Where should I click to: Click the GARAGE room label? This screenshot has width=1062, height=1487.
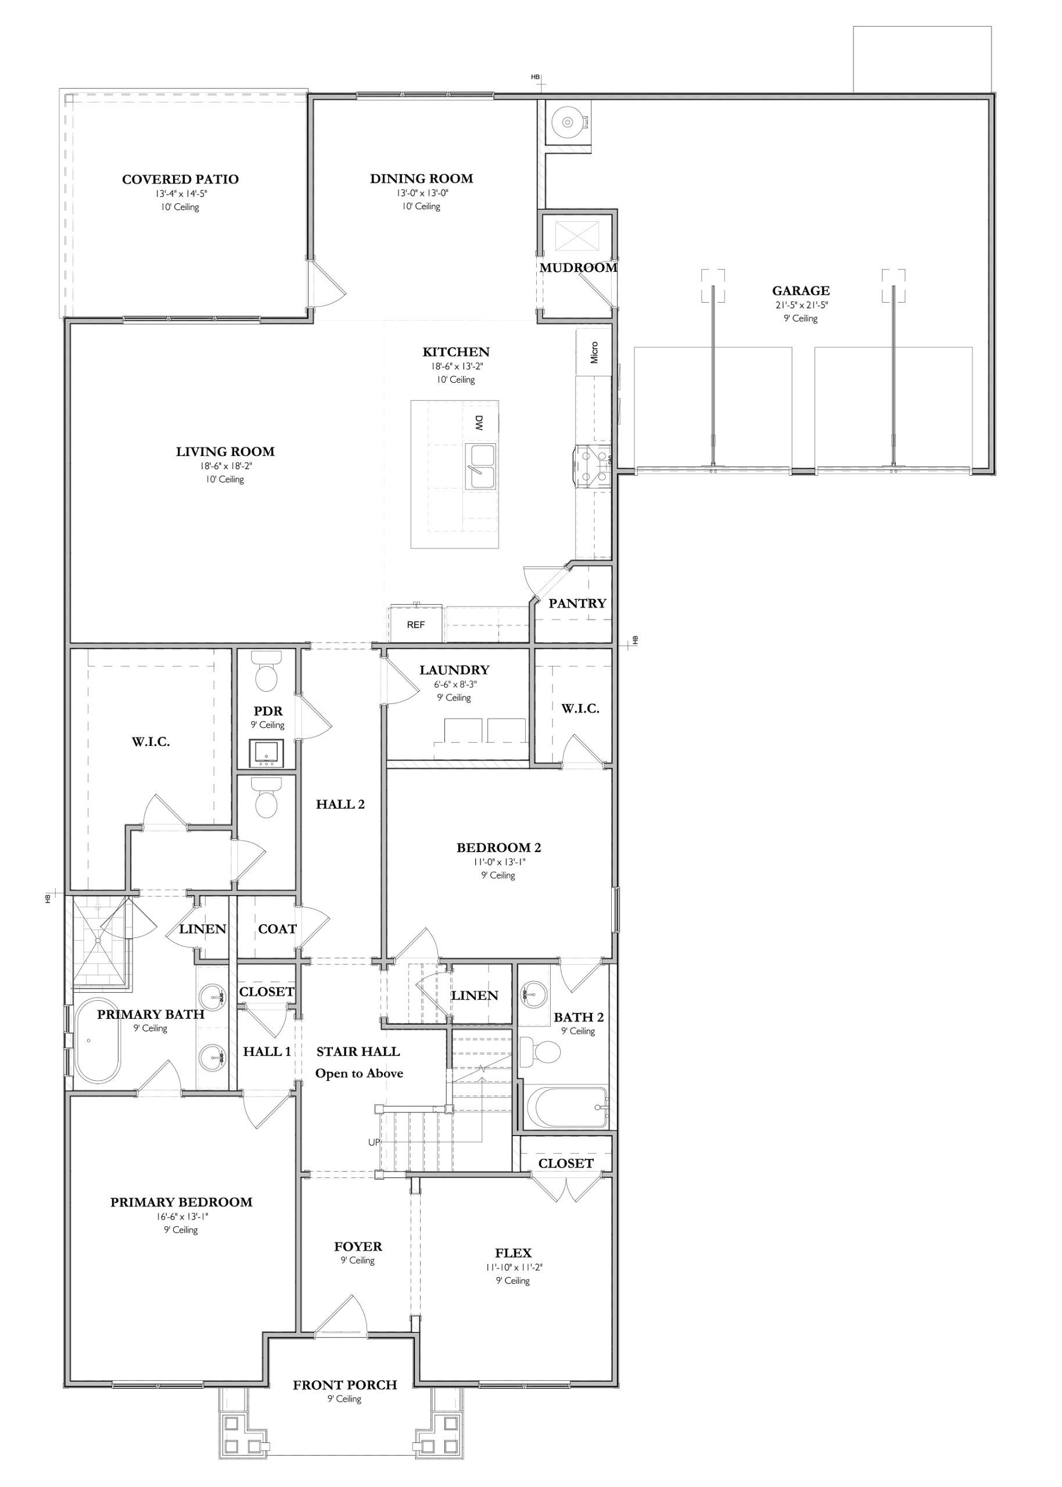tap(801, 291)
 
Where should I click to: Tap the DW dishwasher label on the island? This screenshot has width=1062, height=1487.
tap(479, 423)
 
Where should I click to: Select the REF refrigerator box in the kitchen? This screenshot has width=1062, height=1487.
tap(416, 624)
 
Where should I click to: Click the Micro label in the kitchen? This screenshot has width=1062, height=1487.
tap(594, 353)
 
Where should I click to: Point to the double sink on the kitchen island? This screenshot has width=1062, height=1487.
tap(480, 466)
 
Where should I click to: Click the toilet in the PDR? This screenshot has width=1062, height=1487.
tap(266, 671)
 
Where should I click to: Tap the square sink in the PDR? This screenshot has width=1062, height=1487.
tap(267, 753)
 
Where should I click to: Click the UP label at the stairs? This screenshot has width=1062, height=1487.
tap(374, 1142)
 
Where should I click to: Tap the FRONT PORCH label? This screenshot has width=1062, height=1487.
tap(345, 1385)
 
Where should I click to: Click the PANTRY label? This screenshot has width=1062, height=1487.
tap(577, 604)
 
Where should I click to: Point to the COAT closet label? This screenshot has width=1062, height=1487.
tap(277, 929)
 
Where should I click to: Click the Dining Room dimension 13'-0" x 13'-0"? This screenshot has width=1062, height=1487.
tap(422, 193)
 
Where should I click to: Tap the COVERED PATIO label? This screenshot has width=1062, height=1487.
tap(181, 179)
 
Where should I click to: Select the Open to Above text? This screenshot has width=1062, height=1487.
tap(359, 1073)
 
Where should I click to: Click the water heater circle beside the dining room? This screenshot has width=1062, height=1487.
tap(566, 121)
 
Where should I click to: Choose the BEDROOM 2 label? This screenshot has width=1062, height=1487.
tap(498, 847)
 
